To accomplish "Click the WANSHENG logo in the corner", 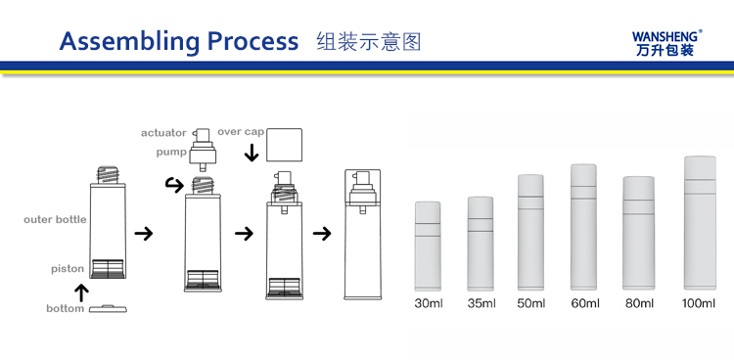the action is point(667,43).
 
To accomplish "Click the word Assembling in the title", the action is point(129,42).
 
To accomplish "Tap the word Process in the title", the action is point(252,41).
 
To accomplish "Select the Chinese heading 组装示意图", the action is point(369,42).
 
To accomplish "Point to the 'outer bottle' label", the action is point(55,219).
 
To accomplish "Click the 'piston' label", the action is point(68,269).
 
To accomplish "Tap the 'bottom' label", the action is point(65,308).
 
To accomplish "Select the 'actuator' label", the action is point(163,133).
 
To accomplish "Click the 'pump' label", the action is point(171,153).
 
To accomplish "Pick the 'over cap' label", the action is point(241,131).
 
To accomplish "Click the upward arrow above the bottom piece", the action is point(82,292).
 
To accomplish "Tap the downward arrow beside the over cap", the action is point(252,153).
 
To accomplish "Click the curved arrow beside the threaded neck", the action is point(174,185).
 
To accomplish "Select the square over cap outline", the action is point(284,145).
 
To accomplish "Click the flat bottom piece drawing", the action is point(108,308).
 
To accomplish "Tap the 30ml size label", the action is point(429,303).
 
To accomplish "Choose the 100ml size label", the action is point(699,303).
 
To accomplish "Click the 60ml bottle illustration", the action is point(583,227).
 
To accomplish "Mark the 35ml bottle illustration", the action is point(481,244).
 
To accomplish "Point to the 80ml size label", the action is point(639,303).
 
